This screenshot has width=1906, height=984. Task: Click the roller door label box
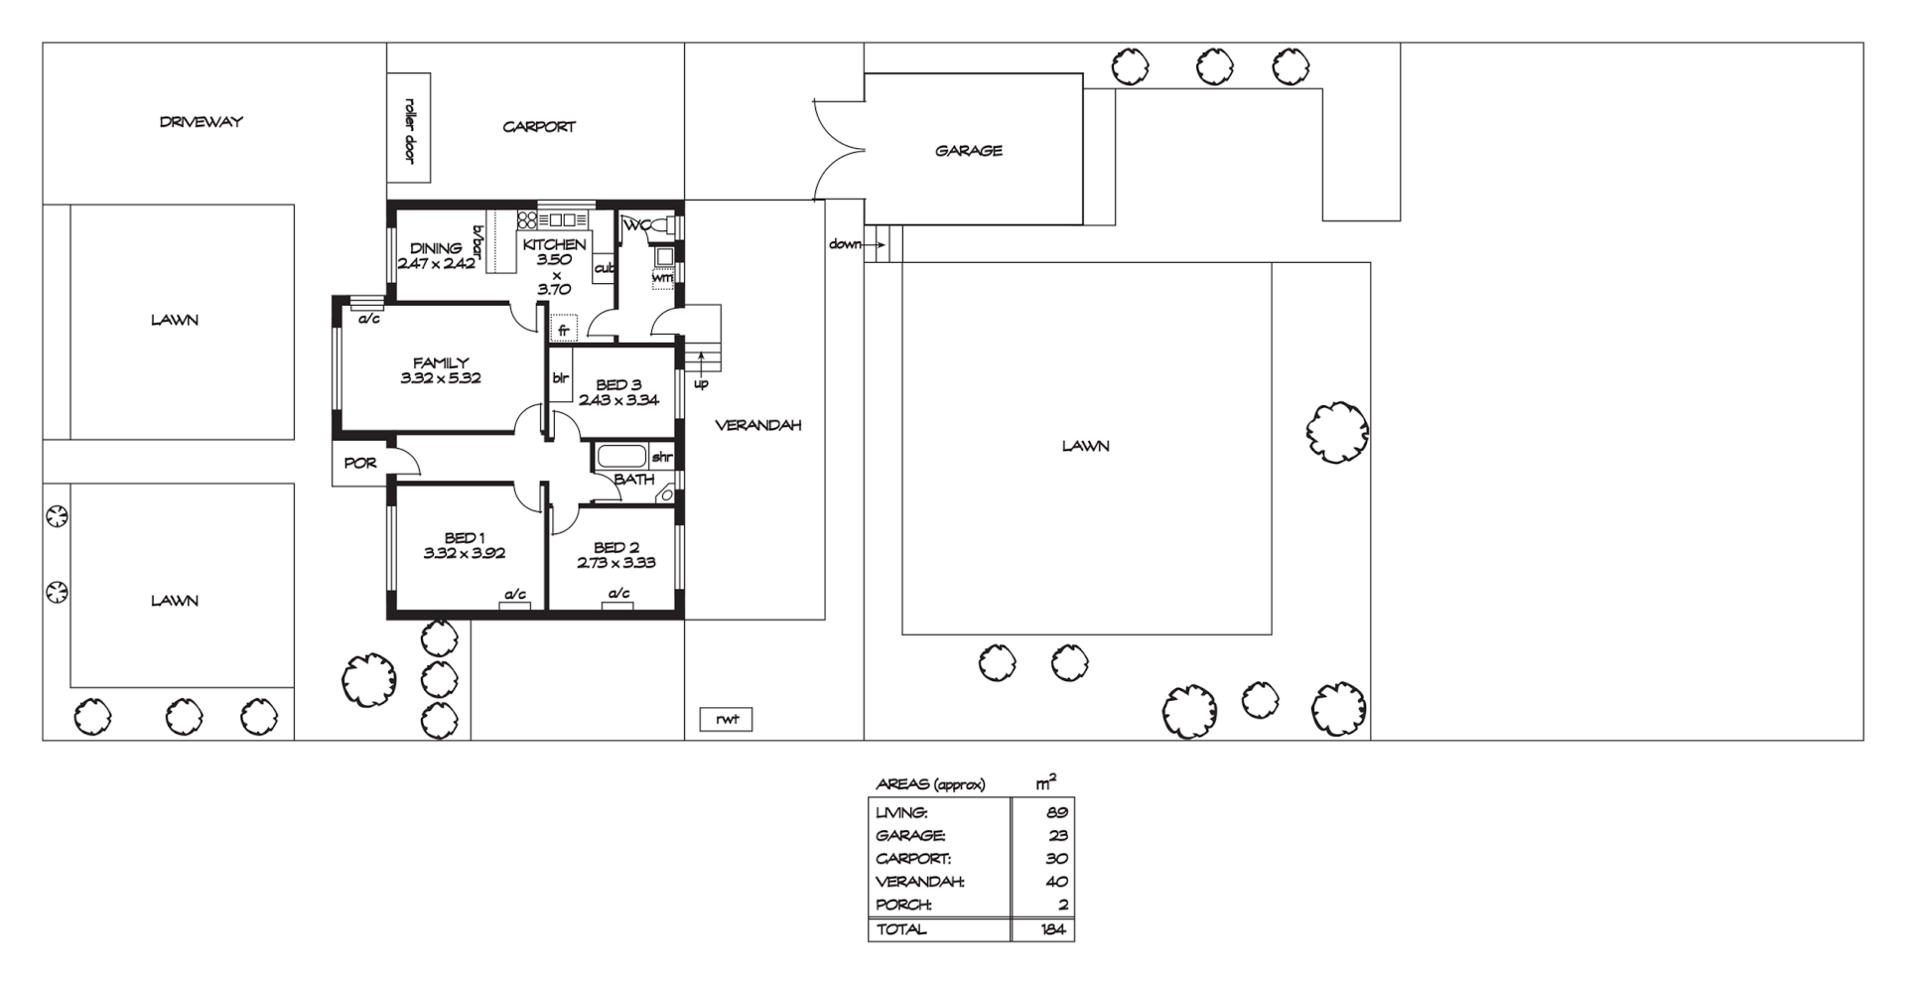click(408, 128)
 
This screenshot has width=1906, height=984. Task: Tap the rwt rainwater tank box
click(727, 720)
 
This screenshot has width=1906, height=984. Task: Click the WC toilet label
click(636, 225)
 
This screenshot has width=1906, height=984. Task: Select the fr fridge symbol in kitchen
click(563, 329)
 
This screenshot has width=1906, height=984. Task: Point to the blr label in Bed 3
click(560, 377)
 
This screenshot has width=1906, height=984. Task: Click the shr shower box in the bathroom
click(662, 458)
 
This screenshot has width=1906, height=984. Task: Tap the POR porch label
click(359, 464)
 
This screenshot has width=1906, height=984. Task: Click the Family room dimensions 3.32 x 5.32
click(441, 378)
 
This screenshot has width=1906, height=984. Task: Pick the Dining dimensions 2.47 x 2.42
click(437, 264)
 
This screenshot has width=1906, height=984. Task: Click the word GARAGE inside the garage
click(968, 151)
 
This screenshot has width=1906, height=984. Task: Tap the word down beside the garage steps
click(845, 244)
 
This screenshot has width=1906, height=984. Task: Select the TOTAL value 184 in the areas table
click(1053, 930)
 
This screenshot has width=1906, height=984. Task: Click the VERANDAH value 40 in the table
click(1056, 882)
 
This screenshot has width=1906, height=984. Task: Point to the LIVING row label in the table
click(901, 812)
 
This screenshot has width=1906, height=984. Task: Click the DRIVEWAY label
click(201, 122)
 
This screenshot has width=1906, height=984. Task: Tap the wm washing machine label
click(661, 278)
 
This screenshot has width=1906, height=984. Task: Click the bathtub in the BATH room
click(620, 458)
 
